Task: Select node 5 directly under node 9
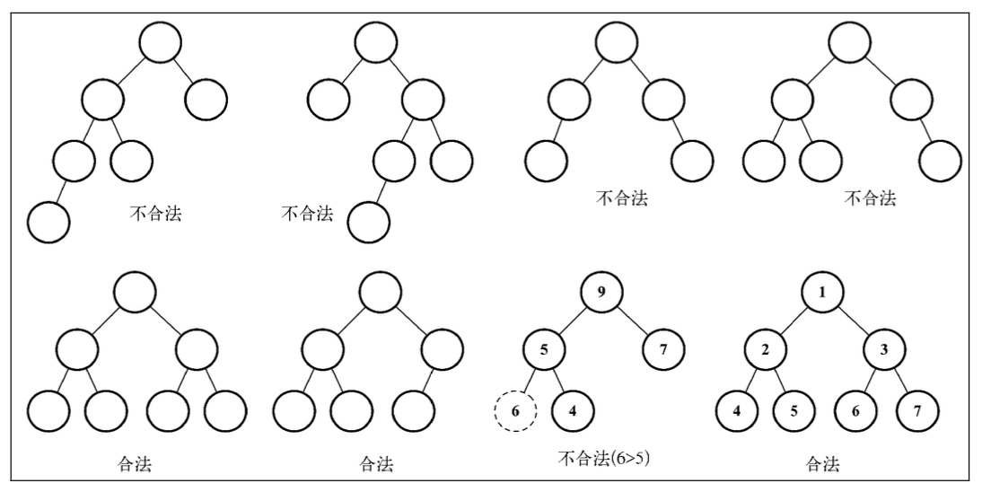pos(544,349)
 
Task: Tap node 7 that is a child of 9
pos(663,349)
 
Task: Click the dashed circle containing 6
pos(515,411)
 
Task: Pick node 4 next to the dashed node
pos(573,411)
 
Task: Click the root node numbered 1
pos(822,292)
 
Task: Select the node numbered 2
pos(766,349)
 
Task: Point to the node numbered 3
pos(883,349)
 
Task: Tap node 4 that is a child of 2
pos(736,411)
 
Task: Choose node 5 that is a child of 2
pos(794,411)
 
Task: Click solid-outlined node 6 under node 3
pos(855,411)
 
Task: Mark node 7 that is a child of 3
pos(917,411)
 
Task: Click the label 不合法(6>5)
pos(604,459)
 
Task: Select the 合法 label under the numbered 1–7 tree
pos(822,464)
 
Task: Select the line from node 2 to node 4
pos(751,381)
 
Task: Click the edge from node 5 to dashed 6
pos(530,381)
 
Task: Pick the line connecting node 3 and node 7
pos(900,381)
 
